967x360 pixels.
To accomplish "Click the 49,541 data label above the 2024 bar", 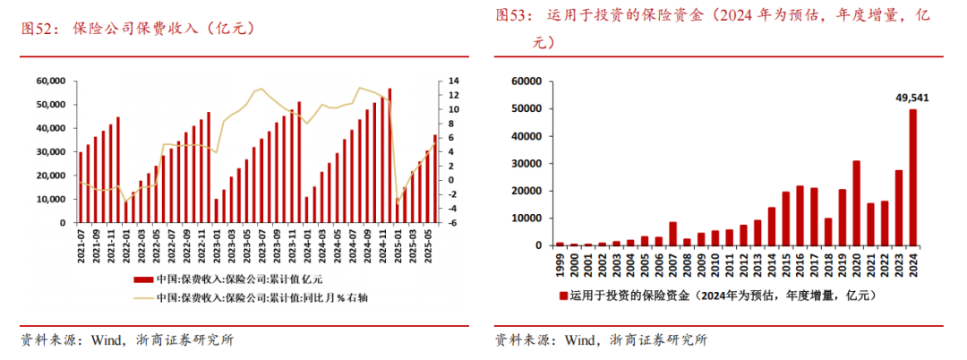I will [x=911, y=97].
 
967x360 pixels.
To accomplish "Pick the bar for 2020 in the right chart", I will [x=856, y=202].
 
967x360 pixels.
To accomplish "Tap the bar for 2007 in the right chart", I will [x=672, y=233].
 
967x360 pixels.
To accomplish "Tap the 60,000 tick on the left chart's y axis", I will [x=49, y=81].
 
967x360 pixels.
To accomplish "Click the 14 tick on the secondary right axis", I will [x=455, y=81].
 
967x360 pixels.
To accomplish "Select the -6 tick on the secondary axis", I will [x=455, y=223].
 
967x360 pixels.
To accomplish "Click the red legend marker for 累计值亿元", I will [x=142, y=279].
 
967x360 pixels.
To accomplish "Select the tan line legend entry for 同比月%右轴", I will [x=142, y=297].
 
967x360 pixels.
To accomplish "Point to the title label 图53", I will [x=513, y=15].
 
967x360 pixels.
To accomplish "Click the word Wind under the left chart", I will [x=101, y=340].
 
